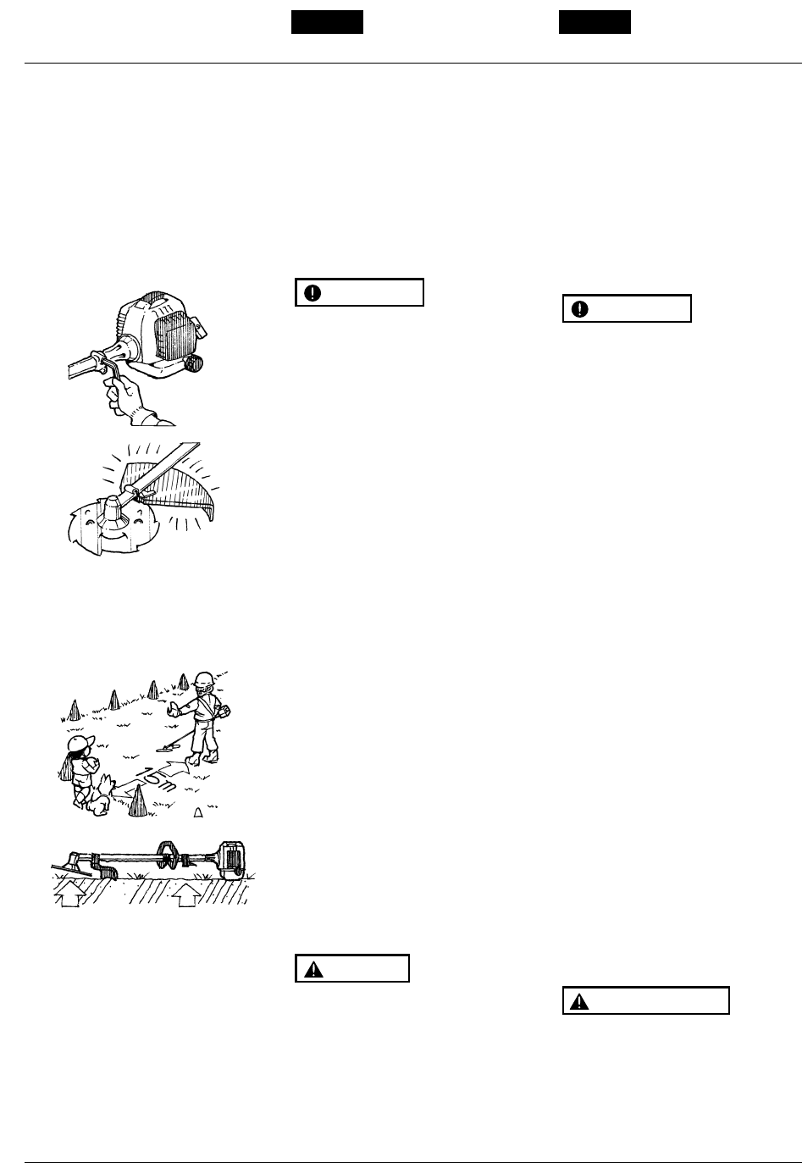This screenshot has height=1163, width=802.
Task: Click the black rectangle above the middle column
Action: tap(327, 22)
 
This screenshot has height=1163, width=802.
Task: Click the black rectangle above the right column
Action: tap(595, 22)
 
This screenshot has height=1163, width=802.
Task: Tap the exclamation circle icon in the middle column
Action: tap(313, 293)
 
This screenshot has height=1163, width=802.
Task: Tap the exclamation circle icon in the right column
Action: tap(580, 309)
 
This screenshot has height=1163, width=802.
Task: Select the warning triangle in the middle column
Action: tap(313, 969)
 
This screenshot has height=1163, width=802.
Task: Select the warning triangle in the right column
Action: tap(579, 1002)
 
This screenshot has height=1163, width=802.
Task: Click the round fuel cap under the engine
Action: tap(194, 363)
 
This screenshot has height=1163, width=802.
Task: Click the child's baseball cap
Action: tap(80, 742)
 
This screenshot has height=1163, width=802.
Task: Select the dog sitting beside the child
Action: tap(100, 795)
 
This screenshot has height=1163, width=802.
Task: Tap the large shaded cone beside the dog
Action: tap(138, 801)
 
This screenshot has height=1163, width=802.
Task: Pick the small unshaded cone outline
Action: tap(198, 812)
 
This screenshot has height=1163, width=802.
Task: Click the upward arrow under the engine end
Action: tap(187, 894)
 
